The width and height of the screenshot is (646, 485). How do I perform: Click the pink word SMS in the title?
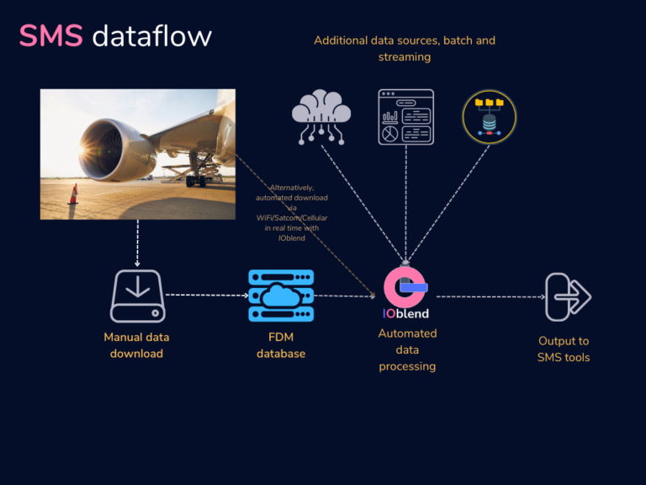click(x=50, y=36)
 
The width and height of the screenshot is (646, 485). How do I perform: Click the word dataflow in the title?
click(x=151, y=36)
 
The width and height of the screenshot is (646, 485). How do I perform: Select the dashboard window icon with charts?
click(x=405, y=117)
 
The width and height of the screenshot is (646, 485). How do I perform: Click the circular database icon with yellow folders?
click(x=490, y=117)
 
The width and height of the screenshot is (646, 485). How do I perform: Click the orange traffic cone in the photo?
click(x=73, y=195)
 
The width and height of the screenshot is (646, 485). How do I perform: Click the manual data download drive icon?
click(x=137, y=296)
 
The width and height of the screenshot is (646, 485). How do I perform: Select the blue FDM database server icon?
click(x=281, y=296)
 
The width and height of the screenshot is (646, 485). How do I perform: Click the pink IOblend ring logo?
click(x=405, y=287)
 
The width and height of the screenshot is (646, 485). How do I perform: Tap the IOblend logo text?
click(x=405, y=314)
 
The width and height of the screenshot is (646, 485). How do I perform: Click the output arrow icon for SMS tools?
click(x=568, y=296)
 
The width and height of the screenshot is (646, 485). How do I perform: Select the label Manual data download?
click(x=136, y=345)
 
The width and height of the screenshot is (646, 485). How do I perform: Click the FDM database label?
click(x=281, y=345)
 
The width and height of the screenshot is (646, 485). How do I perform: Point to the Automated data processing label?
click(x=407, y=349)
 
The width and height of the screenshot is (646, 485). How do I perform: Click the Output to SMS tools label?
click(x=564, y=349)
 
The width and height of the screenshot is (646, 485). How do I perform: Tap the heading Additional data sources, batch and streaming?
click(x=405, y=49)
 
